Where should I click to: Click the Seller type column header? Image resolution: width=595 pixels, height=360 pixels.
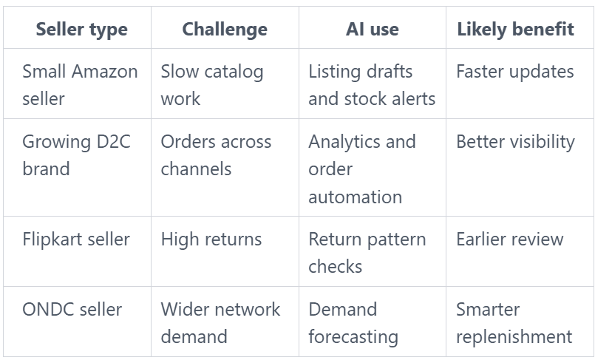(81, 30)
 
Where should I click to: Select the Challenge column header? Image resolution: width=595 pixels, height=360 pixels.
(225, 30)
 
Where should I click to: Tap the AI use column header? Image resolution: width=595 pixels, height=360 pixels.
(373, 30)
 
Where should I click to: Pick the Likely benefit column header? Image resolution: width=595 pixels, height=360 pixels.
(515, 30)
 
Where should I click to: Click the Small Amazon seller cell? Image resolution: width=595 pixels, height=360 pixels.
(80, 84)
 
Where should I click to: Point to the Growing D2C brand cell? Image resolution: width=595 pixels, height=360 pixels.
(76, 155)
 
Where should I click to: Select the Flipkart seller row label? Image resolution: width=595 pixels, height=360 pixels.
(76, 240)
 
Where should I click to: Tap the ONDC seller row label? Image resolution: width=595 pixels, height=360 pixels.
(72, 310)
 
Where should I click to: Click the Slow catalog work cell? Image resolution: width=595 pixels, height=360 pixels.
(211, 84)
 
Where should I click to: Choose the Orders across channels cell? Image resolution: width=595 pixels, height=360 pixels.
(216, 155)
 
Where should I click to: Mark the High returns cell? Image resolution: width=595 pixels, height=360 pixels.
(211, 240)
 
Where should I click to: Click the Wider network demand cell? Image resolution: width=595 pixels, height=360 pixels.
(220, 323)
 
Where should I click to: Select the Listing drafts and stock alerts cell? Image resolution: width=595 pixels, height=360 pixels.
(372, 84)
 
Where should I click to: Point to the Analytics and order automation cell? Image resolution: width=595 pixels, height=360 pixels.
(362, 169)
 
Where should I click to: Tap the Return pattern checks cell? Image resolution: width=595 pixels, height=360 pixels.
(367, 253)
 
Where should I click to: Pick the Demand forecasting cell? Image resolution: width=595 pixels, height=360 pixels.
(353, 323)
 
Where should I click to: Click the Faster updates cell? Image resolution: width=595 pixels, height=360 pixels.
(515, 71)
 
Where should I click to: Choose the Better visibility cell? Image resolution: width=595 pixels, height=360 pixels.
(515, 142)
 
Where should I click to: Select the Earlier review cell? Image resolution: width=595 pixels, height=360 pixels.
(509, 240)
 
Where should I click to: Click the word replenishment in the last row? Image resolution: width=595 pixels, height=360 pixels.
(514, 337)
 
